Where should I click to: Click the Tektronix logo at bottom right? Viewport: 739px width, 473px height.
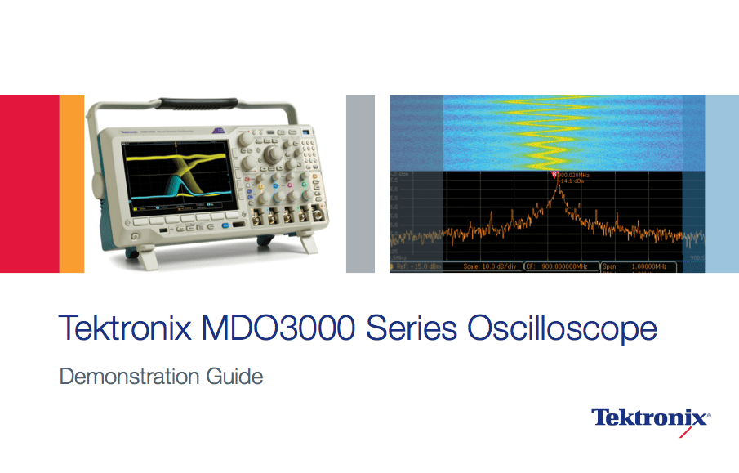(x=650, y=417)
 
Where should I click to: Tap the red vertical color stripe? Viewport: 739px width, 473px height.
(x=29, y=183)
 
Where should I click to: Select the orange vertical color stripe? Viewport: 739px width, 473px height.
(x=72, y=183)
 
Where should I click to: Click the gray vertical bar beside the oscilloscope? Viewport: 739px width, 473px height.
(x=360, y=183)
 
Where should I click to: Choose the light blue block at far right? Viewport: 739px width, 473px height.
(x=721, y=183)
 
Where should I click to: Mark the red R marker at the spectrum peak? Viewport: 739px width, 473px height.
(x=555, y=174)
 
